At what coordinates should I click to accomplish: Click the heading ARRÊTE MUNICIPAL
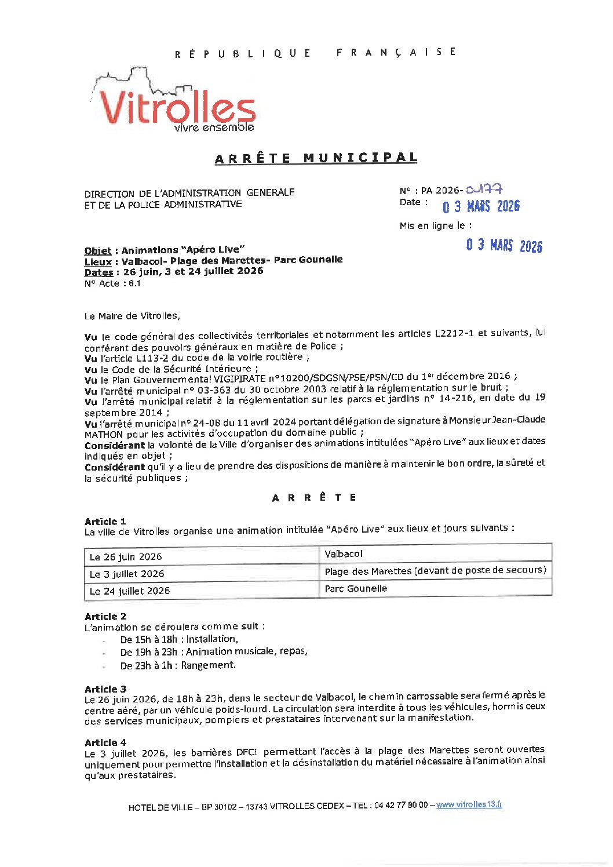[x=316, y=158]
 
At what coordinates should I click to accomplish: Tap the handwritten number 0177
[x=484, y=189]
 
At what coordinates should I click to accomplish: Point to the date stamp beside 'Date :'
[x=481, y=206]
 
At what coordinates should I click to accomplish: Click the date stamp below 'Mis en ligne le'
[x=504, y=246]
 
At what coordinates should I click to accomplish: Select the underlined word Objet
[x=97, y=250]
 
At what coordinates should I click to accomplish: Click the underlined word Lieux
[x=97, y=261]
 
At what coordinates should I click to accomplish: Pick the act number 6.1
[x=134, y=283]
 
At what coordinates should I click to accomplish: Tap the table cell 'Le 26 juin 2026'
[x=126, y=557]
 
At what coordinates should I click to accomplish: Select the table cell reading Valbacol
[x=344, y=554]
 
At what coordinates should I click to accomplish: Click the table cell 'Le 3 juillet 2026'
[x=127, y=574]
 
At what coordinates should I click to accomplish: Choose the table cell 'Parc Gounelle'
[x=356, y=588]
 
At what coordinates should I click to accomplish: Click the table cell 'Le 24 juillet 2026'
[x=130, y=591]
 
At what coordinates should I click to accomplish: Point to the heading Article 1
[x=105, y=521]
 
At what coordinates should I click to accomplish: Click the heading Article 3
[x=105, y=689]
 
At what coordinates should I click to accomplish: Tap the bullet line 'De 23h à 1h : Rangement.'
[x=178, y=665]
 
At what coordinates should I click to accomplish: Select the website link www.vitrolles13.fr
[x=469, y=804]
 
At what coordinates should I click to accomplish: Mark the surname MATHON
[x=104, y=434]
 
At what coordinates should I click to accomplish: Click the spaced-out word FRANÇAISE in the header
[x=396, y=52]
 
